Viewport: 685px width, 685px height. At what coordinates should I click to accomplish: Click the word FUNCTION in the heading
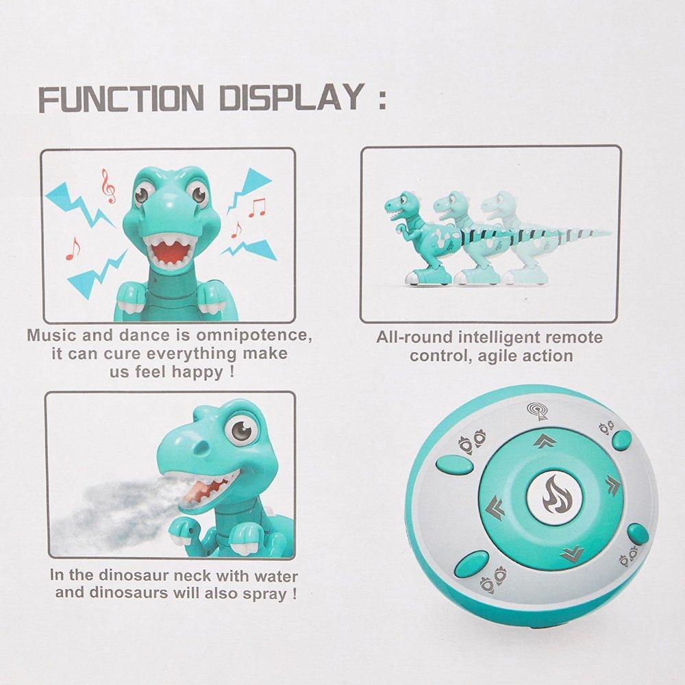tap(121, 99)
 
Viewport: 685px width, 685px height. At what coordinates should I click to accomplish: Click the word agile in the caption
tap(501, 356)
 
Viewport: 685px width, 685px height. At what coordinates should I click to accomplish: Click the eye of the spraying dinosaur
tap(241, 431)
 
